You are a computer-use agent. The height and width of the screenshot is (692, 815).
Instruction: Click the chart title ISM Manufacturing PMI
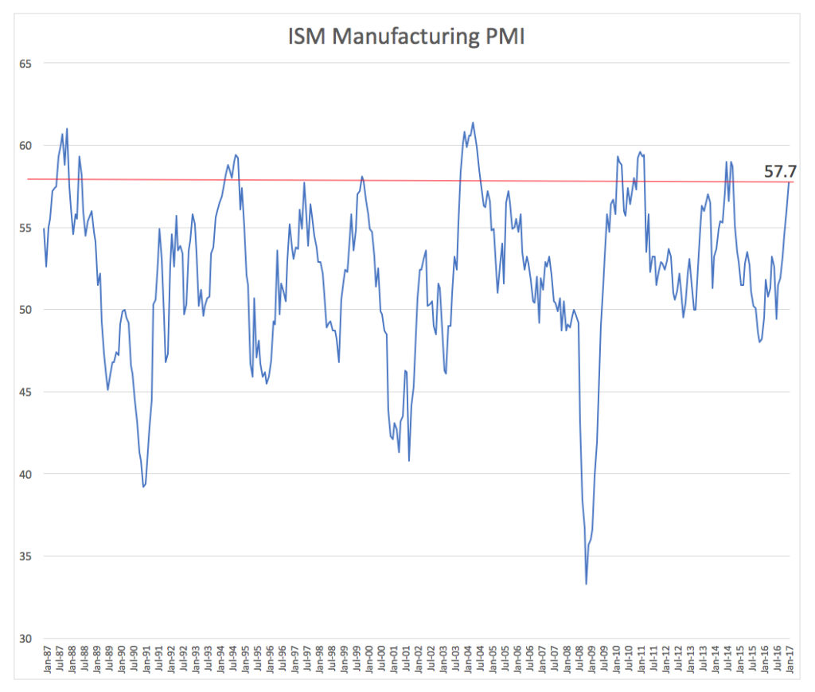(x=406, y=37)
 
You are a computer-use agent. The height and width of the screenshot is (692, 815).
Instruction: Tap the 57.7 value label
(x=782, y=170)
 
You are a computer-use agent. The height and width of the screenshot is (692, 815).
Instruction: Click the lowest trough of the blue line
(x=587, y=584)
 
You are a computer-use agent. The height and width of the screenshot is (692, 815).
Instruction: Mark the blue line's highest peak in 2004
(x=473, y=123)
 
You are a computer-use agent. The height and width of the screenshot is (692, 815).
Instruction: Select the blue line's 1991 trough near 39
(x=143, y=487)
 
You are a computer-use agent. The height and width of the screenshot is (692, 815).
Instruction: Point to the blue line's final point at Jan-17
(x=790, y=183)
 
